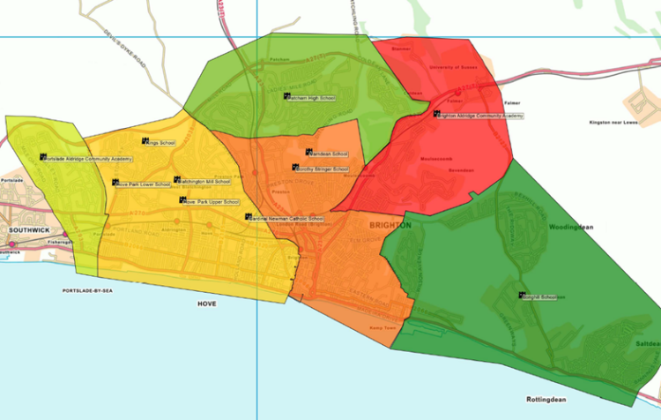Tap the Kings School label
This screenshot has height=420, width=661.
[x=161, y=142]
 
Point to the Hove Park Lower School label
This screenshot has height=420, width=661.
[x=142, y=184]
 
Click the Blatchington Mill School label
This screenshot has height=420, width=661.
[x=204, y=181]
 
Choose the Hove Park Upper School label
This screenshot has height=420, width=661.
[x=212, y=202]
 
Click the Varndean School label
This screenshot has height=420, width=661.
[x=328, y=154]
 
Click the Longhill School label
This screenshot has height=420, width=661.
[x=540, y=296]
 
